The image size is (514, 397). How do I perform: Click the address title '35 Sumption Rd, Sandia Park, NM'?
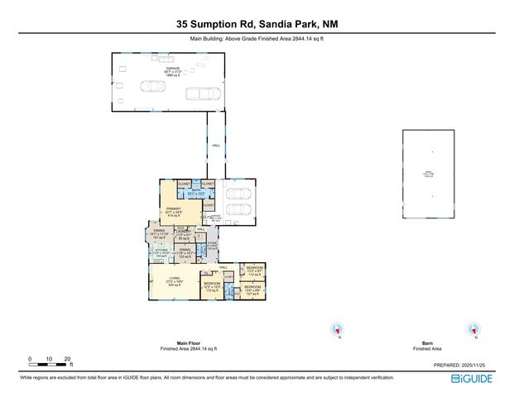(x=257, y=25)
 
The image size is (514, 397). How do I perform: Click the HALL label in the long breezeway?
(x=215, y=145)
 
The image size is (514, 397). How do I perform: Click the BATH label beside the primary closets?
(x=196, y=192)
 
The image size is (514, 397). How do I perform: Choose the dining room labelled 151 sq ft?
(x=159, y=235)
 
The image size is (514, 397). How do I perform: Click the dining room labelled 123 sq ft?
(x=185, y=251)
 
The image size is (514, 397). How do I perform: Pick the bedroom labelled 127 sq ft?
(x=252, y=289)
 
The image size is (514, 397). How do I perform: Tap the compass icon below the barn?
(x=473, y=330)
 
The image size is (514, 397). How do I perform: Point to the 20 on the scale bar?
(x=67, y=359)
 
